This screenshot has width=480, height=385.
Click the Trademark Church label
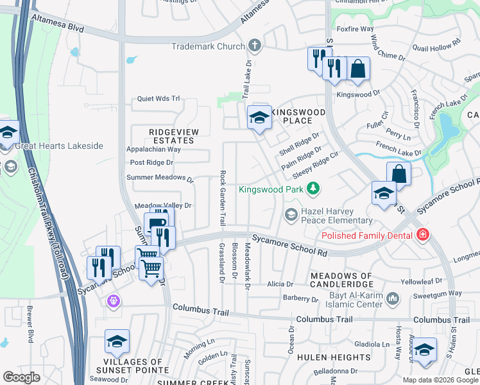pyautogui.click(x=207, y=46)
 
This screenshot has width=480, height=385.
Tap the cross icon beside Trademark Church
pyautogui.click(x=255, y=46)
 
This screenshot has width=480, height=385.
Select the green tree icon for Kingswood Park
pyautogui.click(x=313, y=189)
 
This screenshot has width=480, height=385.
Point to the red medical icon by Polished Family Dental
pyautogui.click(x=422, y=235)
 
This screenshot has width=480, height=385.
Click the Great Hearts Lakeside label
pyautogui.click(x=58, y=146)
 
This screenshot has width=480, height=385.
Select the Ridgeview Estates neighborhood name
pyautogui.click(x=171, y=136)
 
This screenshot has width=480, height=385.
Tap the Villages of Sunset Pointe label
pyautogui.click(x=138, y=366)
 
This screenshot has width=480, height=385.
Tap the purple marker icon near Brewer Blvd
pyautogui.click(x=114, y=300)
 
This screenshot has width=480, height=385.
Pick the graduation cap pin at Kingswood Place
pyautogui.click(x=259, y=118)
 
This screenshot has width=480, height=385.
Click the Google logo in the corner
pyautogui.click(x=21, y=377)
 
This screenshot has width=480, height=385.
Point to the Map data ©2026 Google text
pyautogui.click(x=440, y=379)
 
